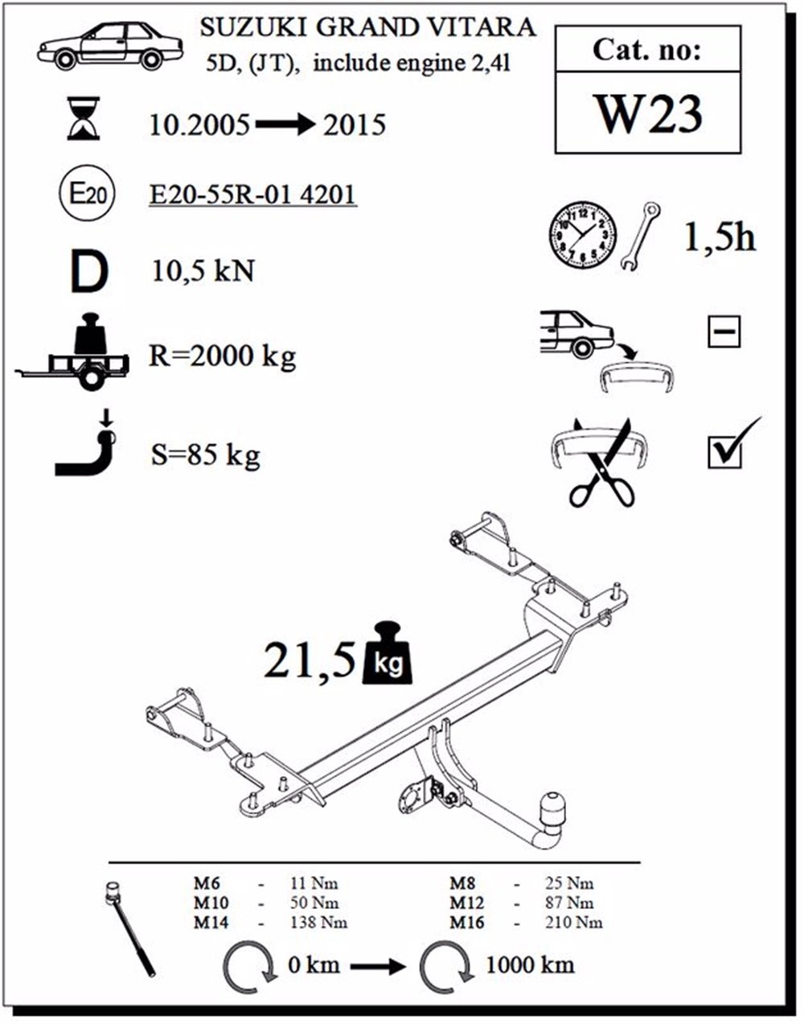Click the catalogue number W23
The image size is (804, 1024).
pos(647,114)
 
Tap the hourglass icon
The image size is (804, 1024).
pos(84,119)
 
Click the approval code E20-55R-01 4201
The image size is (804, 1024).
pos(253,194)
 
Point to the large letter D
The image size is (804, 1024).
pos(88,272)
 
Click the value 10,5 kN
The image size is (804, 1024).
pos(203,272)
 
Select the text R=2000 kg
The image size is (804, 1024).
pos(222,355)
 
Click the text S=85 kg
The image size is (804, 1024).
pos(205,456)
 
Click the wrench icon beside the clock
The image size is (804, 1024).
pos(642,236)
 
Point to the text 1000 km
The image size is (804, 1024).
pos(530,964)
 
